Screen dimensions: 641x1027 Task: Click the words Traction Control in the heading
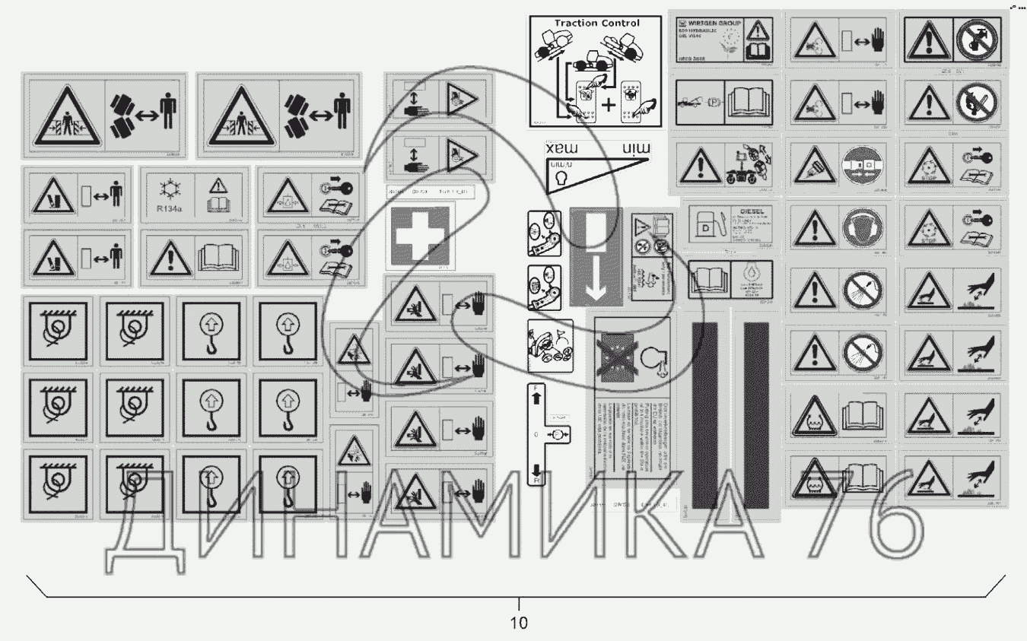coord(597,24)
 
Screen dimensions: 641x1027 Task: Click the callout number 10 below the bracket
coord(518,623)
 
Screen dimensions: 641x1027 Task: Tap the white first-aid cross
coord(420,236)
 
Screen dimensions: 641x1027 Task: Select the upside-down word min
coord(637,148)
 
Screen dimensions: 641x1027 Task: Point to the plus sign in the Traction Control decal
coord(609,105)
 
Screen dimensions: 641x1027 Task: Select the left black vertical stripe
coord(703,414)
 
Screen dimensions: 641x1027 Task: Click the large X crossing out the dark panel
coord(618,358)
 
